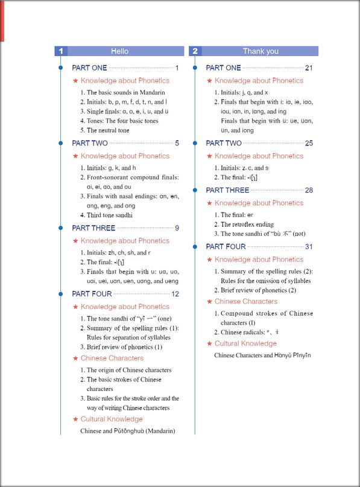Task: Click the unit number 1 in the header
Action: click(x=60, y=51)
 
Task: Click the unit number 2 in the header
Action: click(x=195, y=51)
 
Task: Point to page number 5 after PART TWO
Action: click(x=177, y=144)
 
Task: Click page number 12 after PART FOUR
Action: click(x=175, y=294)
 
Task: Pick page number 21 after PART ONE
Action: click(x=309, y=68)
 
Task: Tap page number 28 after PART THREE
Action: click(x=309, y=191)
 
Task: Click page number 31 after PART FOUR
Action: click(x=309, y=247)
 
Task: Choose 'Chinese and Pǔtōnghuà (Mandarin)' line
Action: click(x=127, y=431)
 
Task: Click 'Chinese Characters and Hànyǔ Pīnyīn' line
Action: click(x=262, y=355)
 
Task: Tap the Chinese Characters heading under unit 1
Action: click(x=112, y=358)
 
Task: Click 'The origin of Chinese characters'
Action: click(x=125, y=371)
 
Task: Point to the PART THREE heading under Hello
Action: click(x=93, y=229)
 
